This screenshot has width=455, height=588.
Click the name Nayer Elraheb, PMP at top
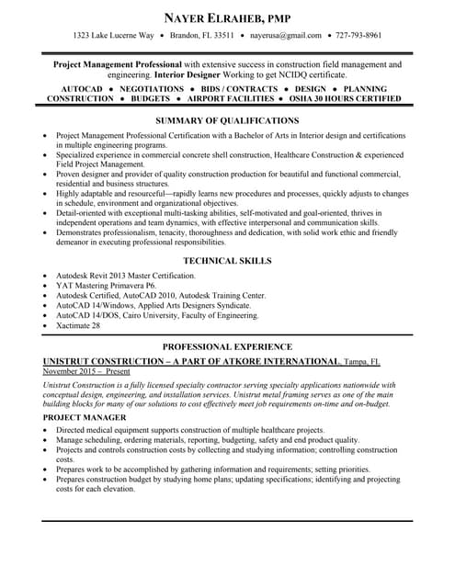pos(227,17)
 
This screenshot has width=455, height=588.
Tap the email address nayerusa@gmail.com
pos(286,36)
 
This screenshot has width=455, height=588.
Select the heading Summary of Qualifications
pos(227,120)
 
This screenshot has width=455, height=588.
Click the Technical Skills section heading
pos(227,261)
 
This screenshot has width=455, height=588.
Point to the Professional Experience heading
pos(227,346)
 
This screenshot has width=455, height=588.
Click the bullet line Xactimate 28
pos(78,325)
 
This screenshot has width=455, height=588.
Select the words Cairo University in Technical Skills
pos(162,315)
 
